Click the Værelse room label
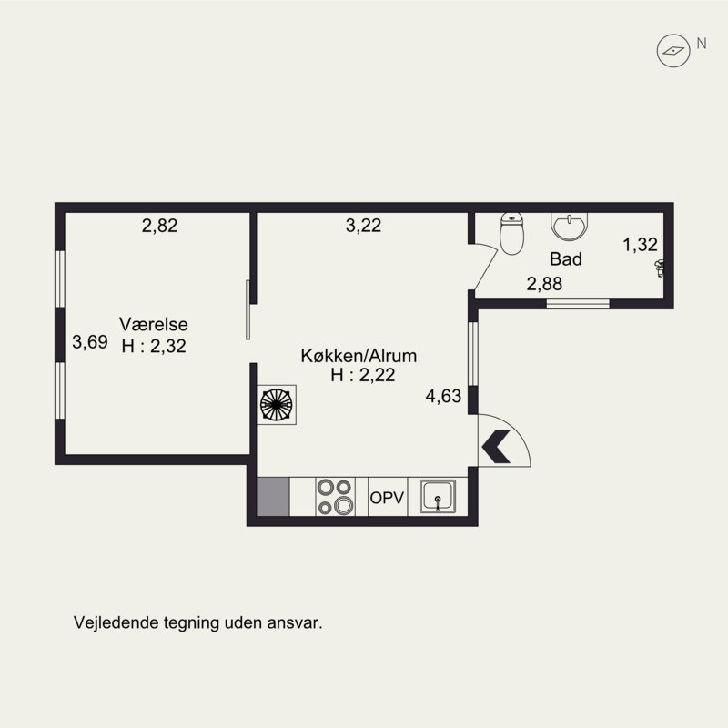coord(154,324)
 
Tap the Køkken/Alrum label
coord(359,356)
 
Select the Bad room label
coord(565,259)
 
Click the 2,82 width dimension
coord(160,226)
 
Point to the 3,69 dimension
coord(90,342)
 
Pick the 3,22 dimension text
coord(363,226)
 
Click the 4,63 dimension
coord(443,396)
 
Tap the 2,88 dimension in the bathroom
coord(544,284)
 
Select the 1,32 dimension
coord(640,244)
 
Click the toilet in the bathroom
coord(511,234)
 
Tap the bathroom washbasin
coord(570,227)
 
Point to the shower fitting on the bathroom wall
coord(659,268)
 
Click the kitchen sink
coord(438,496)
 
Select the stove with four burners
coord(335,496)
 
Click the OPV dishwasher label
coord(387,498)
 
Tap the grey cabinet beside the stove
coord(273,496)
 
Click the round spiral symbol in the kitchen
coord(277,404)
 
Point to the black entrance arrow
coord(496,446)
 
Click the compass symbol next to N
coord(673,51)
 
